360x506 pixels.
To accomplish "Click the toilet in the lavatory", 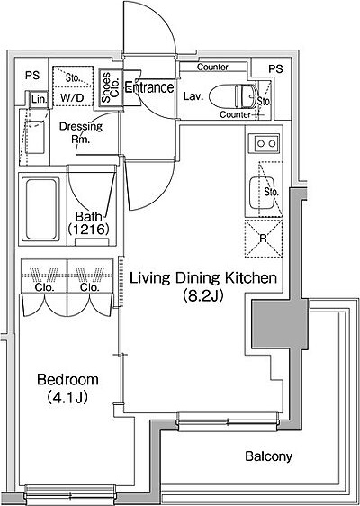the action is click(233, 95).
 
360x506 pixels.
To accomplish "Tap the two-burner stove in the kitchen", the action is click(266, 143).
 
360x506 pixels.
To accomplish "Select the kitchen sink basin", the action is click(262, 193).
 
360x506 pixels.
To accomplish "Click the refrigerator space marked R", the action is click(264, 239).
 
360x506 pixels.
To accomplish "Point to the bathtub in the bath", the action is click(40, 209).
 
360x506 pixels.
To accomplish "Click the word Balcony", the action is click(269, 456).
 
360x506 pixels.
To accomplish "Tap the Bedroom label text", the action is click(67, 380).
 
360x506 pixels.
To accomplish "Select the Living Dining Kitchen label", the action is click(203, 278).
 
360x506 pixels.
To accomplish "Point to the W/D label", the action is click(72, 98).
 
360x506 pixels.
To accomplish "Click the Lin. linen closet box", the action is click(39, 99).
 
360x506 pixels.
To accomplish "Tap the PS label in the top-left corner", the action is click(32, 76).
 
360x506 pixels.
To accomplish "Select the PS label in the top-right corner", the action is click(275, 68).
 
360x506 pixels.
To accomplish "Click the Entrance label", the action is click(149, 87).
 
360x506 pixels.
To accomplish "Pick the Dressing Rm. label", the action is click(81, 133).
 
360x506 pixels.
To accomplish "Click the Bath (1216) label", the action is click(88, 222).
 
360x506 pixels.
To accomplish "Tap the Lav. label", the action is click(193, 96).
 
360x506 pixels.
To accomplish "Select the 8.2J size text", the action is click(202, 295).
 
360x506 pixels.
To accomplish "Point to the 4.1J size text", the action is click(67, 397).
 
